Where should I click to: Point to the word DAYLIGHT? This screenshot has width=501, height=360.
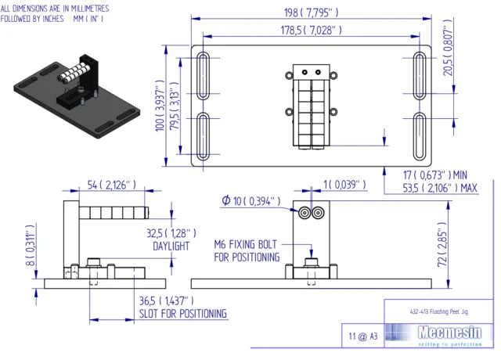tap(171, 246)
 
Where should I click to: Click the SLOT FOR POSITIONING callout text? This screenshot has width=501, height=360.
tap(184, 314)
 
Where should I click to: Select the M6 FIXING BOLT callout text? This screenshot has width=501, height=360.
tap(247, 244)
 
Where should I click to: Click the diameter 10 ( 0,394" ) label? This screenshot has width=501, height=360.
tap(250, 202)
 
